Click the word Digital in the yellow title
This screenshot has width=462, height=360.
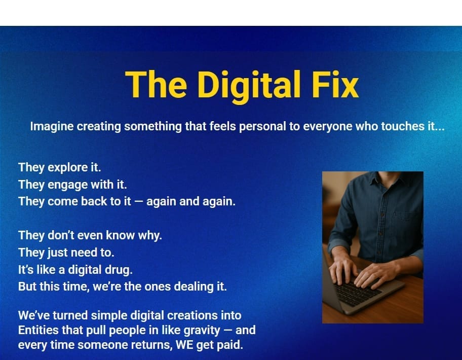[249, 86]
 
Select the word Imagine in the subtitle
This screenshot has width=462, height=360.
[52, 127]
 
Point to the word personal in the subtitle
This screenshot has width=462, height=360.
[262, 127]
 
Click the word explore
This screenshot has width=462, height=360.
[67, 168]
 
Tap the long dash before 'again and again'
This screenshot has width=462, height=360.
[138, 202]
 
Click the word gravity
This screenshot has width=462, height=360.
[202, 331]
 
